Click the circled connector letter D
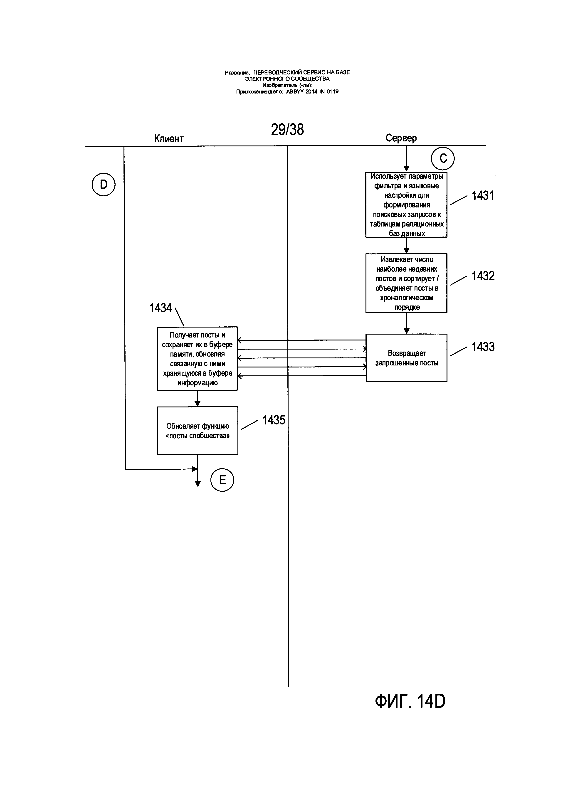click(103, 185)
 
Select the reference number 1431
click(483, 196)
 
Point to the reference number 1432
click(483, 276)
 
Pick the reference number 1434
click(161, 308)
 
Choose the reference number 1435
click(274, 420)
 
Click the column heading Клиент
click(169, 139)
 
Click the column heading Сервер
click(401, 138)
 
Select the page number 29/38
click(287, 130)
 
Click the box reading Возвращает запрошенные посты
click(406, 358)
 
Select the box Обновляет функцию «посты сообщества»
click(198, 431)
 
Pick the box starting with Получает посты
click(197, 358)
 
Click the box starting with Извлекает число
click(406, 283)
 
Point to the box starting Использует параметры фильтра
click(406, 205)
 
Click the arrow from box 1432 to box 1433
click(407, 323)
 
